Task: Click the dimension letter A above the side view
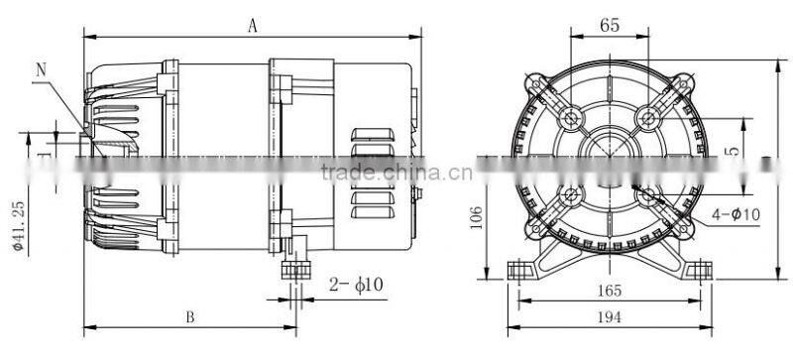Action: coord(253,28)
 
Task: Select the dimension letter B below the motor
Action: coord(188,316)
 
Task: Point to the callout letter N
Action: coord(42,69)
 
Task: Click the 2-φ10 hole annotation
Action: coord(355,286)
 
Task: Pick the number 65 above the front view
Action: coord(610,27)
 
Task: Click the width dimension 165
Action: coord(609,291)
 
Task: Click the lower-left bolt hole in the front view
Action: coord(571,196)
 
